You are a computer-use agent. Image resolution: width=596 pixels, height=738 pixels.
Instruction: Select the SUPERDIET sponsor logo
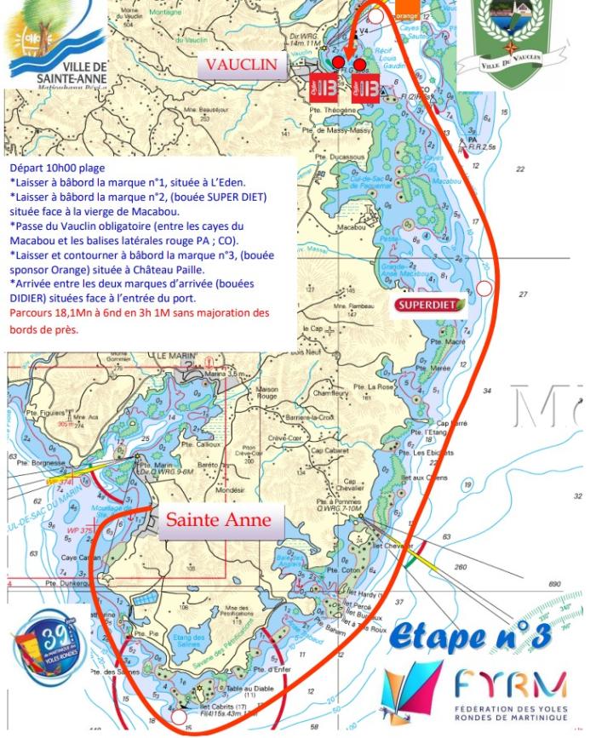[x=431, y=305]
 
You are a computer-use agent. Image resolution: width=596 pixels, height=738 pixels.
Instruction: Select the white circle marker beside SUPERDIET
[x=484, y=288]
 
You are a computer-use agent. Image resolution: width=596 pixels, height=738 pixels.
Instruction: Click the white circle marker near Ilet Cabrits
[x=178, y=718]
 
